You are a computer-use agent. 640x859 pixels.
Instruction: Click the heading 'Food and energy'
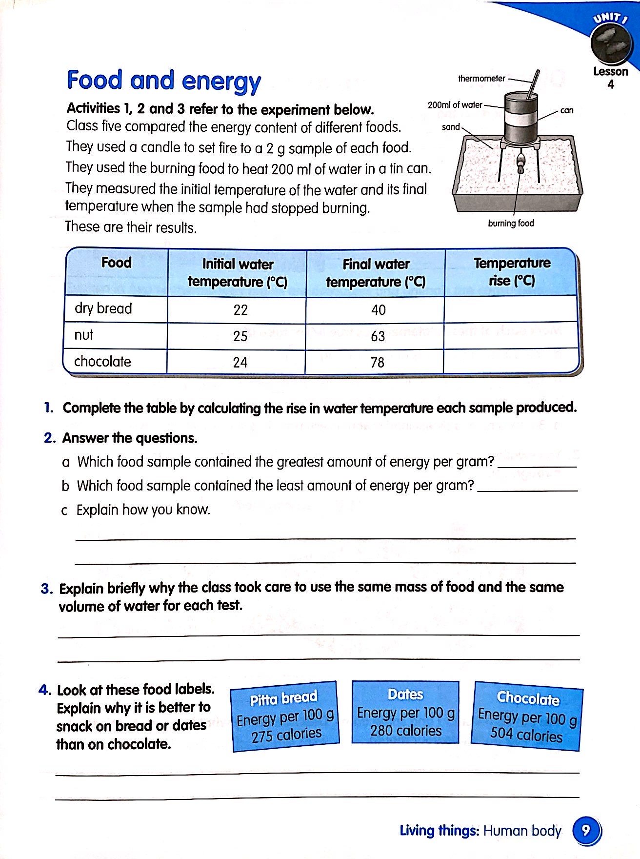[x=164, y=81]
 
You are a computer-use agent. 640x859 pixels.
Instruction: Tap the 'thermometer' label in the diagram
[x=481, y=79]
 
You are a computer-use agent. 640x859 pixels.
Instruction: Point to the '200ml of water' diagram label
[x=455, y=105]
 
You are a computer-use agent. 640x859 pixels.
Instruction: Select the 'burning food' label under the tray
[x=511, y=224]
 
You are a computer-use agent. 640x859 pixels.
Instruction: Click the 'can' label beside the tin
[x=567, y=111]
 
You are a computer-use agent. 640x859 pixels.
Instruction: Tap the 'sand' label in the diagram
[x=450, y=127]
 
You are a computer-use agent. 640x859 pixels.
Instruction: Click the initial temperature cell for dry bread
[x=240, y=310]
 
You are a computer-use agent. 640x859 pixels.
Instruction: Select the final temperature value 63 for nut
[x=378, y=336]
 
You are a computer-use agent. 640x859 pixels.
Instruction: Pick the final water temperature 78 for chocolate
[x=377, y=363]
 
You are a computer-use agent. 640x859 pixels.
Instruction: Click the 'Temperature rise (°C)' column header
[x=512, y=272]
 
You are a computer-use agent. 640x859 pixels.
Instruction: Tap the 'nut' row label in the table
[x=84, y=335]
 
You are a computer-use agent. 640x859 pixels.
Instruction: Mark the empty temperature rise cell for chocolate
[x=511, y=362]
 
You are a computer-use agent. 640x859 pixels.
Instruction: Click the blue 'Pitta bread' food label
[x=285, y=716]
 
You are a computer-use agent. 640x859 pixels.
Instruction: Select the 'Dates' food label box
[x=405, y=712]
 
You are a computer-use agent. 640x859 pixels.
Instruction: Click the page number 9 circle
[x=586, y=830]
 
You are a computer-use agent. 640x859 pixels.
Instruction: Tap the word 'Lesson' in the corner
[x=610, y=72]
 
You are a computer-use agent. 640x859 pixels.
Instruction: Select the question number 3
[x=46, y=589]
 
